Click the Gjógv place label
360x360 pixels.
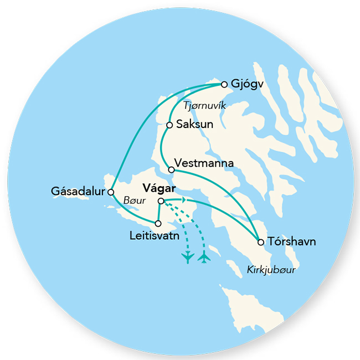tap(246, 85)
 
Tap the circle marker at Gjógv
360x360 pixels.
tap(224, 84)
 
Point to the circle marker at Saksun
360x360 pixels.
tap(169, 125)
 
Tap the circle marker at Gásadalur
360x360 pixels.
tap(111, 192)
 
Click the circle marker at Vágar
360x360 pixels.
tap(161, 201)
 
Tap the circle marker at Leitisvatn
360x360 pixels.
tap(158, 224)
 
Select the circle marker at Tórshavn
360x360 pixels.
tap(260, 241)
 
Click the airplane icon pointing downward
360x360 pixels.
tap(188, 257)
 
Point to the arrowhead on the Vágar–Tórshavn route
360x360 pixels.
tap(184, 200)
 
